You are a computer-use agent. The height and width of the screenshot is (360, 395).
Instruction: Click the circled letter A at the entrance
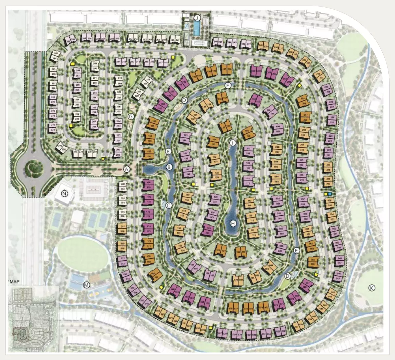pyautogui.click(x=126, y=169)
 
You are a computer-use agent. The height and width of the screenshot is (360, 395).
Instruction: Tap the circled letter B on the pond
pyautogui.click(x=169, y=167)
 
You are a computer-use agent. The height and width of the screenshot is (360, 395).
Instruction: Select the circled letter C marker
pyautogui.click(x=169, y=205)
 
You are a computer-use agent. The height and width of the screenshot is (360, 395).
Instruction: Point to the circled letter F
pyautogui.click(x=228, y=85)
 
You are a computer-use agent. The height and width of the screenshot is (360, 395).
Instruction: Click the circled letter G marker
pyautogui.click(x=131, y=116)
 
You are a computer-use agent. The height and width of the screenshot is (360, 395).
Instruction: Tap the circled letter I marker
pyautogui.click(x=233, y=143)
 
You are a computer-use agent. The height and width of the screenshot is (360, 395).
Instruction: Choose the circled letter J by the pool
pyautogui.click(x=197, y=17)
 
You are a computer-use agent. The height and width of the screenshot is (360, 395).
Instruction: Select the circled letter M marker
pyautogui.click(x=87, y=285)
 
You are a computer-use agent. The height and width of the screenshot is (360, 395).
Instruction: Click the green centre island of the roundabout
pyautogui.click(x=33, y=166)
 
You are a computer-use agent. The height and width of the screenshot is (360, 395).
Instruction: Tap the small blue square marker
pyautogui.click(x=330, y=194)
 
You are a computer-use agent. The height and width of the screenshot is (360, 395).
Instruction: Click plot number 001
pyautogui.click(x=123, y=184)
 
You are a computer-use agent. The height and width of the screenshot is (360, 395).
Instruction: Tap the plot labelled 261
pyautogui.click(x=73, y=40)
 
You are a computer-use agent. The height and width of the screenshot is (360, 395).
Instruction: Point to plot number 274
pyautogui.click(x=53, y=130)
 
